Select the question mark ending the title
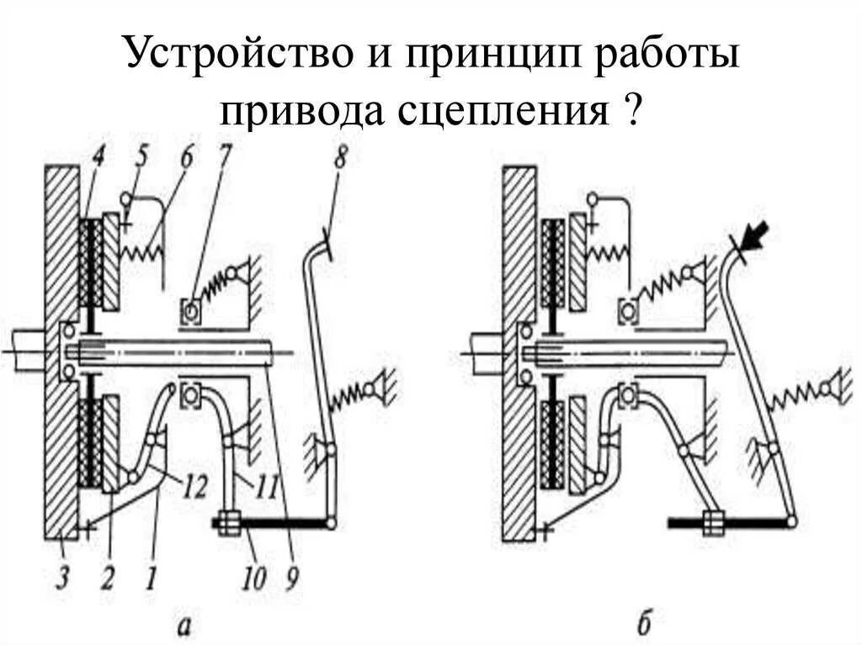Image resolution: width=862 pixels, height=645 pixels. click(626, 108)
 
